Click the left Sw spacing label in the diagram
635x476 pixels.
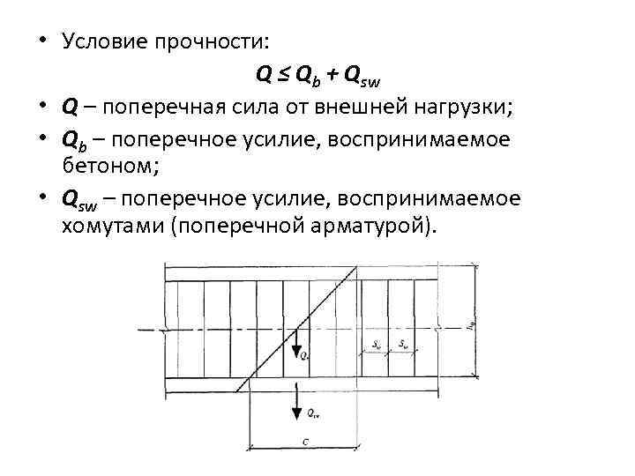point(377,345)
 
